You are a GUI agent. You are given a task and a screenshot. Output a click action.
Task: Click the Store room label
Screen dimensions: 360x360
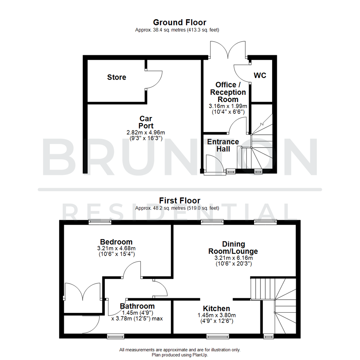tap(117, 77)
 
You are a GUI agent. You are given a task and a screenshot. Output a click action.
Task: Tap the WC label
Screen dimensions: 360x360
tap(260, 75)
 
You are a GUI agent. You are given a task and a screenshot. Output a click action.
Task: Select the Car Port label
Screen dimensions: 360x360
tap(146, 122)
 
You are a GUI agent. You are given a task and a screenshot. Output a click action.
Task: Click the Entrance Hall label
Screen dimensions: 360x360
tap(223, 145)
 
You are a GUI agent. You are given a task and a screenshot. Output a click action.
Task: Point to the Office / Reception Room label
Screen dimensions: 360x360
tap(228, 92)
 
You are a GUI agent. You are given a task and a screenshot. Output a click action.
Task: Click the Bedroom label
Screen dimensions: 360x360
tap(116, 242)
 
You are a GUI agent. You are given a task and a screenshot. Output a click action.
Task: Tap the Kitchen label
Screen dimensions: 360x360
tap(217, 309)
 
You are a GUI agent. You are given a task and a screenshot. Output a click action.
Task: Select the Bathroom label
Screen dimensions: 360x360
tap(137, 306)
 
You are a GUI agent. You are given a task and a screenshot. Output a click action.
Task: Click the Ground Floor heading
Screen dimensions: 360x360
tap(180, 22)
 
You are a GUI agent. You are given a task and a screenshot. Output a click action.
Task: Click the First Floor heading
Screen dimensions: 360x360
tap(180, 201)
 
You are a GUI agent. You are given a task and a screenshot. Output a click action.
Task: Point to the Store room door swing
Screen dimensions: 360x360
tap(154, 79)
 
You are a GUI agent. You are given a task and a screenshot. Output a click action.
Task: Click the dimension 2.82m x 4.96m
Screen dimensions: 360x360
tap(146, 132)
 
